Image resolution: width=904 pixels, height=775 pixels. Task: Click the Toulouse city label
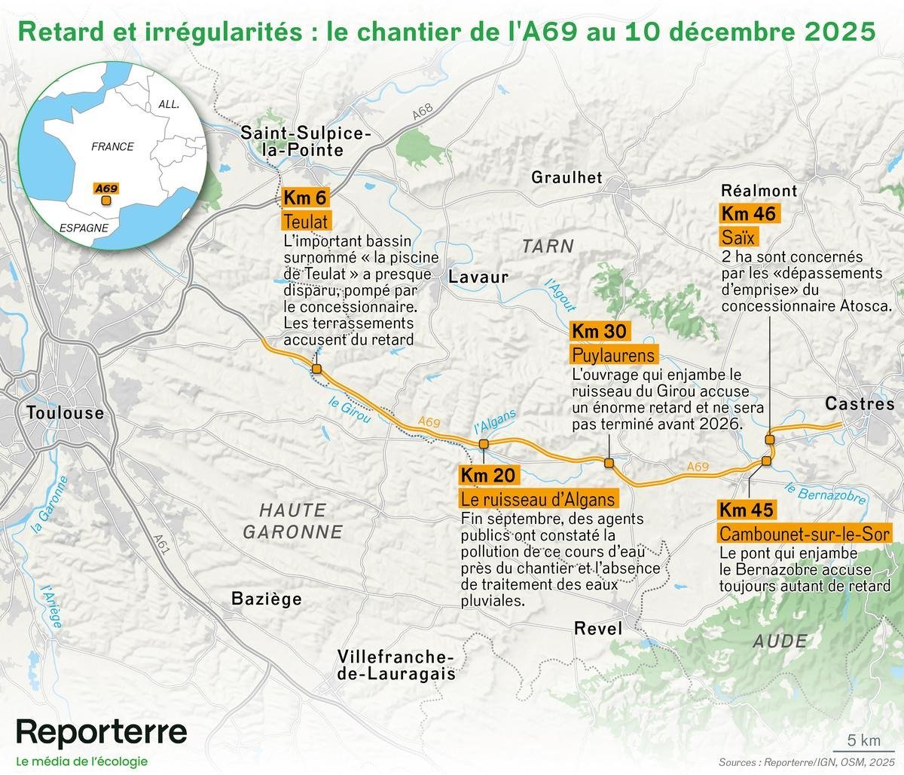click(x=65, y=413)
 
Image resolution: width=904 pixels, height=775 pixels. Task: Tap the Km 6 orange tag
click(x=306, y=198)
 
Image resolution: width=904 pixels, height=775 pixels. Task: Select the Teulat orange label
click(x=306, y=222)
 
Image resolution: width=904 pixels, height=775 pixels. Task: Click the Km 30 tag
click(x=599, y=331)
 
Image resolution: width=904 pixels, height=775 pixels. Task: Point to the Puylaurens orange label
click(x=613, y=355)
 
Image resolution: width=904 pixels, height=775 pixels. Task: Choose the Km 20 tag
click(x=488, y=475)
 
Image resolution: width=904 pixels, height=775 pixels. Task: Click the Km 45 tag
click(x=746, y=510)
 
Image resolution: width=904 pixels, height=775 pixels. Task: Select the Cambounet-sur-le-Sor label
click(x=805, y=535)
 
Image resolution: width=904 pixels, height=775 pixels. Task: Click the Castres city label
click(x=860, y=404)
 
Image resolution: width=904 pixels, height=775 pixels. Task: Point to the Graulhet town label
click(x=567, y=177)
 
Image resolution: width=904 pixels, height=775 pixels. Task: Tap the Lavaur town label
click(x=478, y=277)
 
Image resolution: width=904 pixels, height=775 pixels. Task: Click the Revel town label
click(x=598, y=628)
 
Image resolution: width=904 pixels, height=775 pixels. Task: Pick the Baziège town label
click(x=267, y=599)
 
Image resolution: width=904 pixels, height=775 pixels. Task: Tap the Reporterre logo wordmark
click(x=102, y=731)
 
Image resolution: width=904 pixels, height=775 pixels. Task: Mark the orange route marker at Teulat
click(x=317, y=369)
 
